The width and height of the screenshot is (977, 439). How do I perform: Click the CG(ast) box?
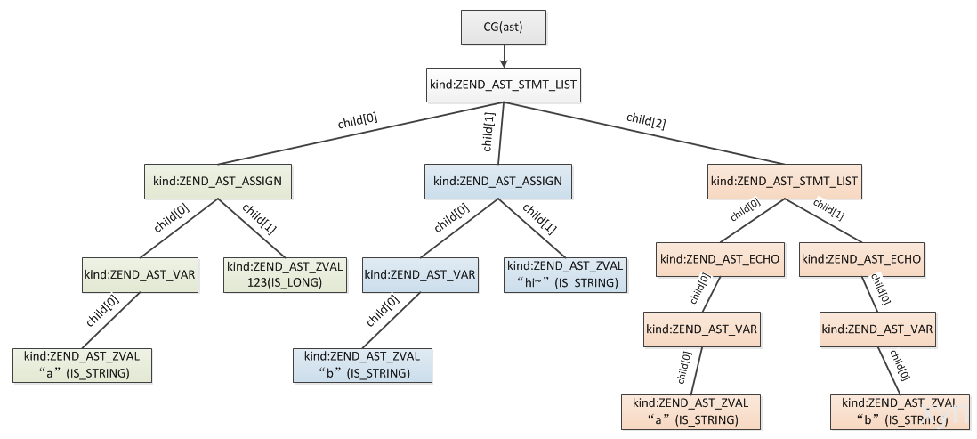504,27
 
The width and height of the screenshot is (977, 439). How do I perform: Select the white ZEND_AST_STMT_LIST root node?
504,85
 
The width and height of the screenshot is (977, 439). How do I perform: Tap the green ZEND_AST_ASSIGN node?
217,182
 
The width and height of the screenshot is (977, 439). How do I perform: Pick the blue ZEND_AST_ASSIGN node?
498,182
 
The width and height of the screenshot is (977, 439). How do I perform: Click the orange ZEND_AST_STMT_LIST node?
785,182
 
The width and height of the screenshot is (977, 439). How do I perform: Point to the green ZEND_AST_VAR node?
141,275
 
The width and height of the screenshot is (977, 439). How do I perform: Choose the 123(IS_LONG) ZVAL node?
285,275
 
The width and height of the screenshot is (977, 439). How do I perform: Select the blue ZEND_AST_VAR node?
420,275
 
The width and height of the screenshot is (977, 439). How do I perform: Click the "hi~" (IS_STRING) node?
565,275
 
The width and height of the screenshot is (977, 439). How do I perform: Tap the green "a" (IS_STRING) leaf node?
82,365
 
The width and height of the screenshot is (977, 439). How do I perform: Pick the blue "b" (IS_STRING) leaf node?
363,365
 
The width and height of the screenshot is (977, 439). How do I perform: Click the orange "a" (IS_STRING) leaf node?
691,411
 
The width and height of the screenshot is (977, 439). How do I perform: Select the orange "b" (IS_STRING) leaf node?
900,411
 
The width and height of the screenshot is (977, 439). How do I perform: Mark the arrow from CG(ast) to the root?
504,56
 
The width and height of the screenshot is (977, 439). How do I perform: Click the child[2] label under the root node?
646,120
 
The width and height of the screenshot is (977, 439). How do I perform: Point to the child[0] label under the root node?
359,120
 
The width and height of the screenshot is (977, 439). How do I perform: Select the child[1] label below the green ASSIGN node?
259,219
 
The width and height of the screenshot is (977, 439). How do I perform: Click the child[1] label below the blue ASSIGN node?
539,219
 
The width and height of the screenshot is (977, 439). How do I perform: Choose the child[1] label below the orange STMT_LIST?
828,209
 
